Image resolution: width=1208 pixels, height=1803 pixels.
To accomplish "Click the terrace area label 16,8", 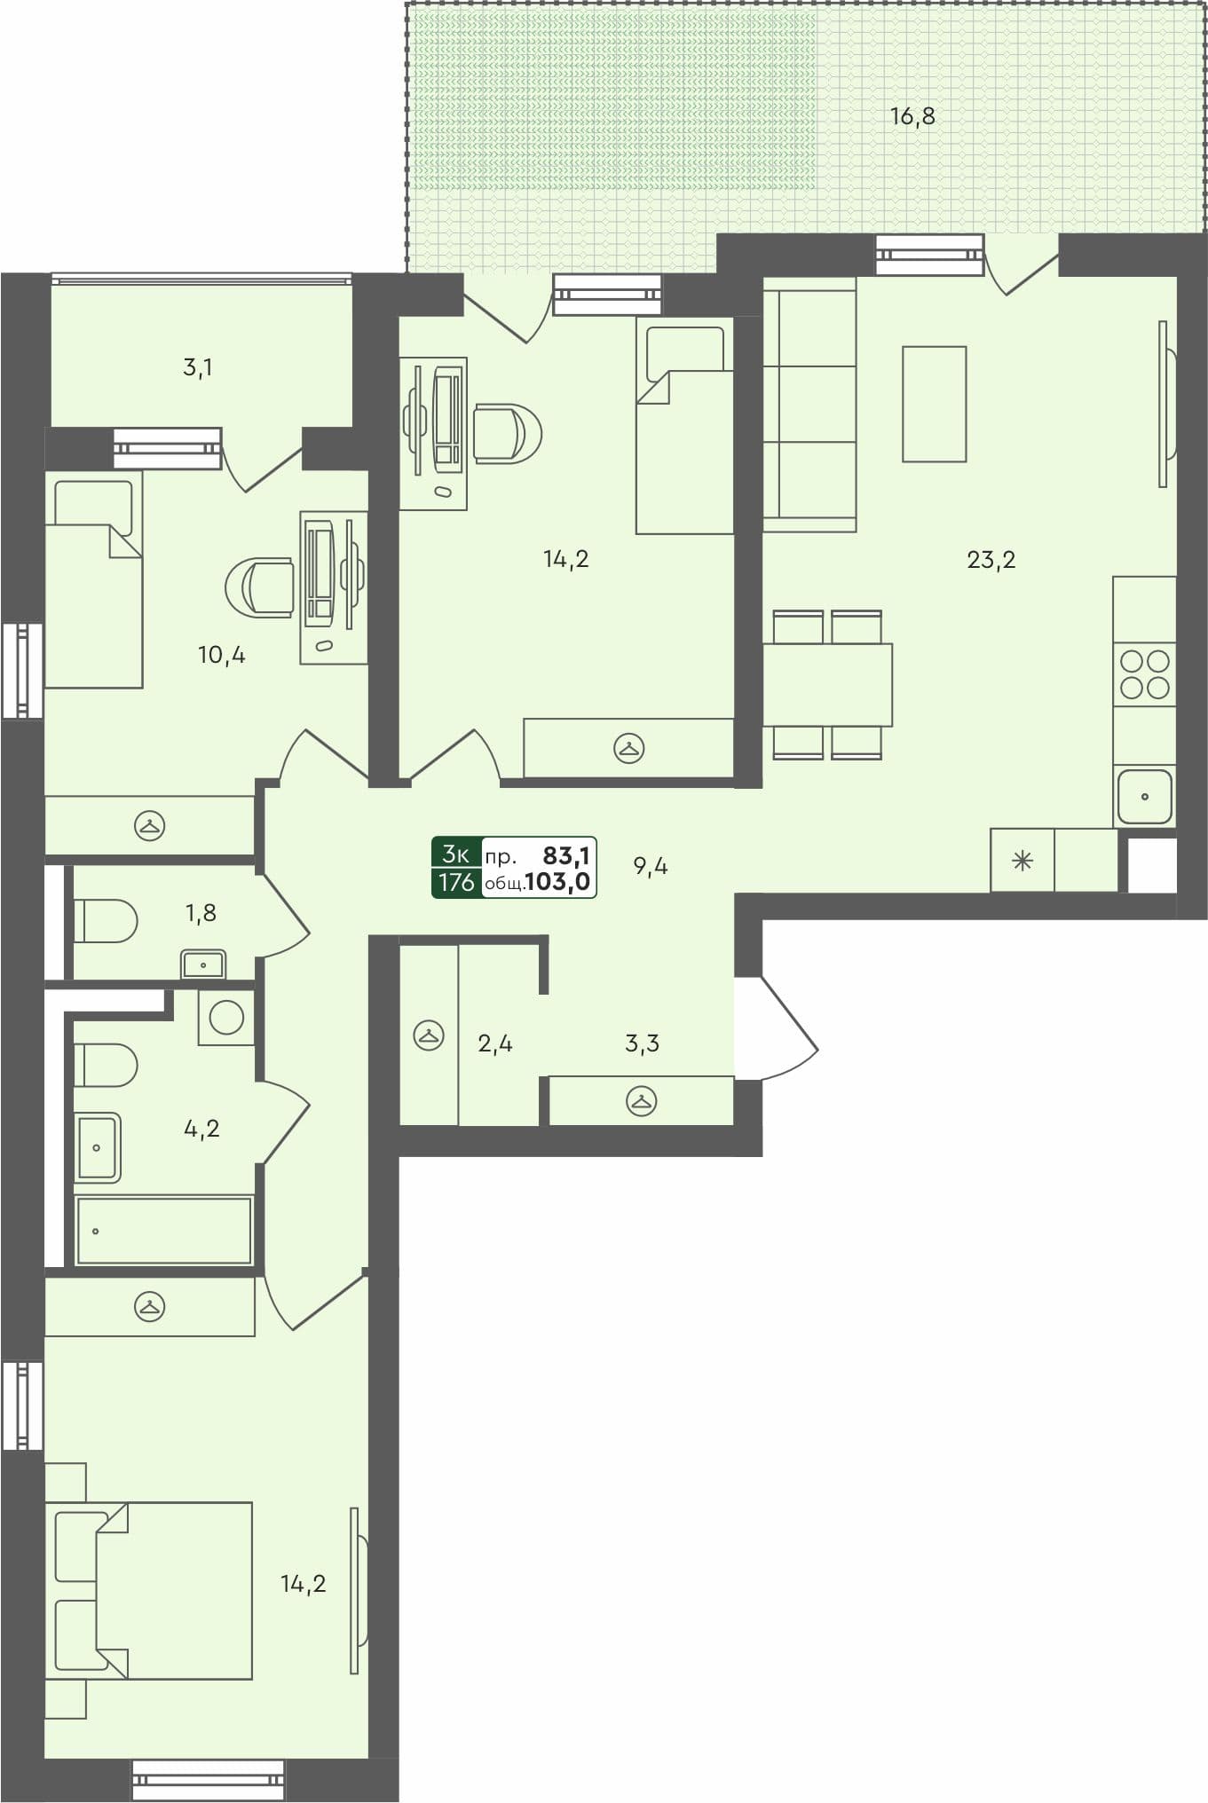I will coord(912,116).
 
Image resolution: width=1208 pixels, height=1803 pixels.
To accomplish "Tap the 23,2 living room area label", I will coord(991,560).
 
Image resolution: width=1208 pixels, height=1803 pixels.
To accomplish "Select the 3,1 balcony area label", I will coord(197,367).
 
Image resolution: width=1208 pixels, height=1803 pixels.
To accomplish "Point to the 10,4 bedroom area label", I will coord(221,656).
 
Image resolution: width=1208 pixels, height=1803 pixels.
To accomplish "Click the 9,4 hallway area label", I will coord(651,867).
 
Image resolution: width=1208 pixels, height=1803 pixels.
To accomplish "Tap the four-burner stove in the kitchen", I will coord(1144,674).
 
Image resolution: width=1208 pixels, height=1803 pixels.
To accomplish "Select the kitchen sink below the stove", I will coord(1144,796).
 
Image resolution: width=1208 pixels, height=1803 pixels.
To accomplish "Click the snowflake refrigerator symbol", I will coord(1022,860).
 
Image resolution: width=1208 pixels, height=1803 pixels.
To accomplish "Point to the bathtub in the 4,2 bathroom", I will coord(164,1231).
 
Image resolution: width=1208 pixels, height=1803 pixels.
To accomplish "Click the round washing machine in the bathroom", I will coord(226,1018).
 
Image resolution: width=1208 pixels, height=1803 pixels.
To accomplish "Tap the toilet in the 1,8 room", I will coord(105,921).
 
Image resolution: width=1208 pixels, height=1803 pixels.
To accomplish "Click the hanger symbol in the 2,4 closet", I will coord(429,1035).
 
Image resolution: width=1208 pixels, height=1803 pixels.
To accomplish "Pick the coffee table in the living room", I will coord(934,404).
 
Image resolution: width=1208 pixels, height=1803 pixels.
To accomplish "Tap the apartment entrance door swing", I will coord(786,1029).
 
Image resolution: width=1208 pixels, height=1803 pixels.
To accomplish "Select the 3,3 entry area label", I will coord(642,1043).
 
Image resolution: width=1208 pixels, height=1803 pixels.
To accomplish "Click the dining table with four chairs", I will coord(827,684).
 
